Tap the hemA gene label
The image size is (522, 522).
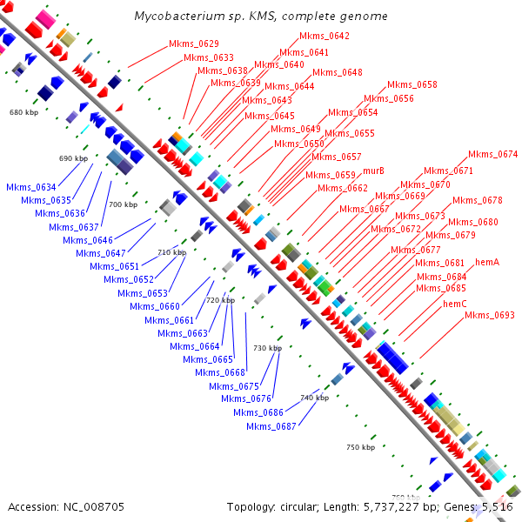coord(486,262)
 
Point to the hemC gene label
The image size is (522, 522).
coord(455,304)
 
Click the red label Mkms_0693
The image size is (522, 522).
coord(490,315)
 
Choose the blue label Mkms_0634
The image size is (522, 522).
coord(31,188)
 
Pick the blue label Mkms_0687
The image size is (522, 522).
coord(271,426)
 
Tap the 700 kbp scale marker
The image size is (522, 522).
coord(123,204)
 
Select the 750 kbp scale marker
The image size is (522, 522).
coord(359,447)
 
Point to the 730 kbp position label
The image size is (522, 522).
coord(267,348)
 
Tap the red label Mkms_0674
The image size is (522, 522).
coord(493,155)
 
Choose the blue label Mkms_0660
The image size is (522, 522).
coord(155,306)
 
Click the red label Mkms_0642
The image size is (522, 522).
coord(325,37)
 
